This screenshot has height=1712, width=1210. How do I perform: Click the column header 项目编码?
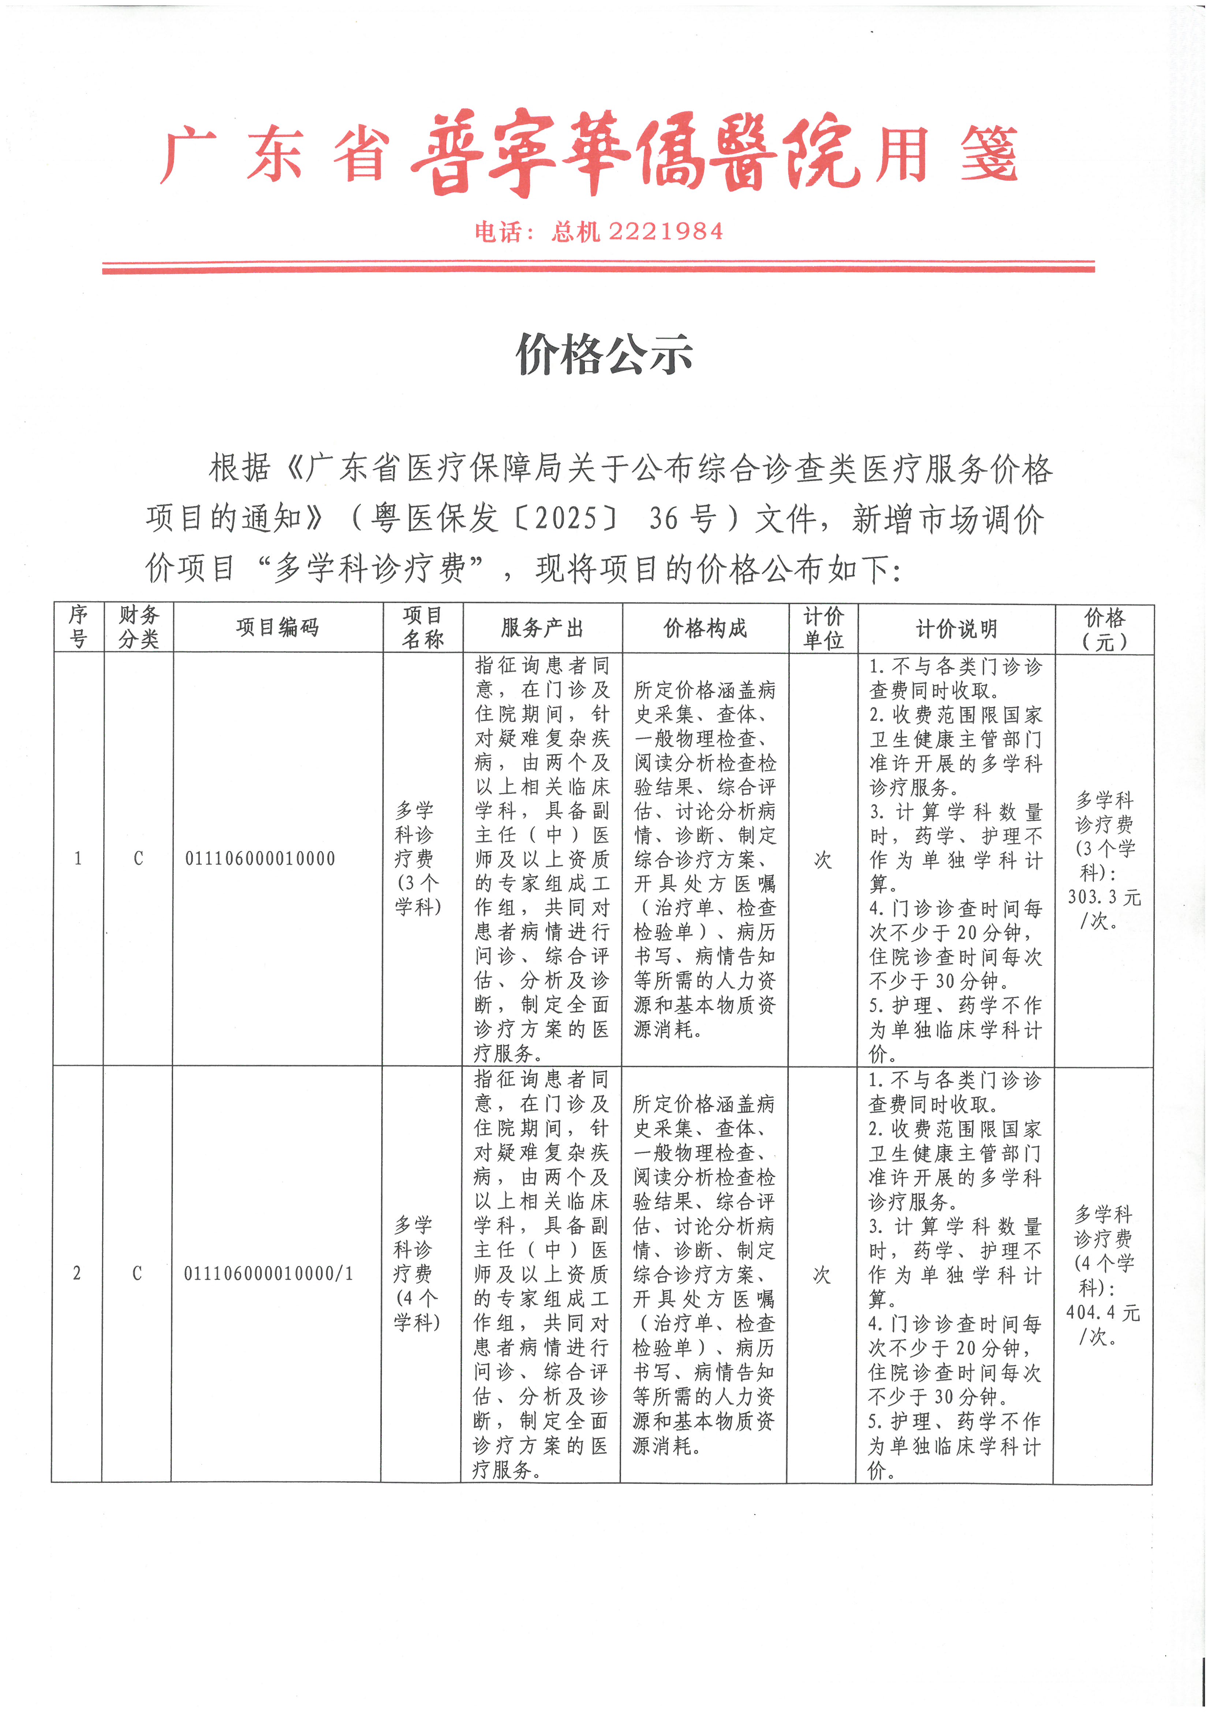click(x=277, y=627)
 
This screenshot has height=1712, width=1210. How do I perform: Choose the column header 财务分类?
click(x=139, y=627)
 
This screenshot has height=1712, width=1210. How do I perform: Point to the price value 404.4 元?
click(x=1103, y=1312)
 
